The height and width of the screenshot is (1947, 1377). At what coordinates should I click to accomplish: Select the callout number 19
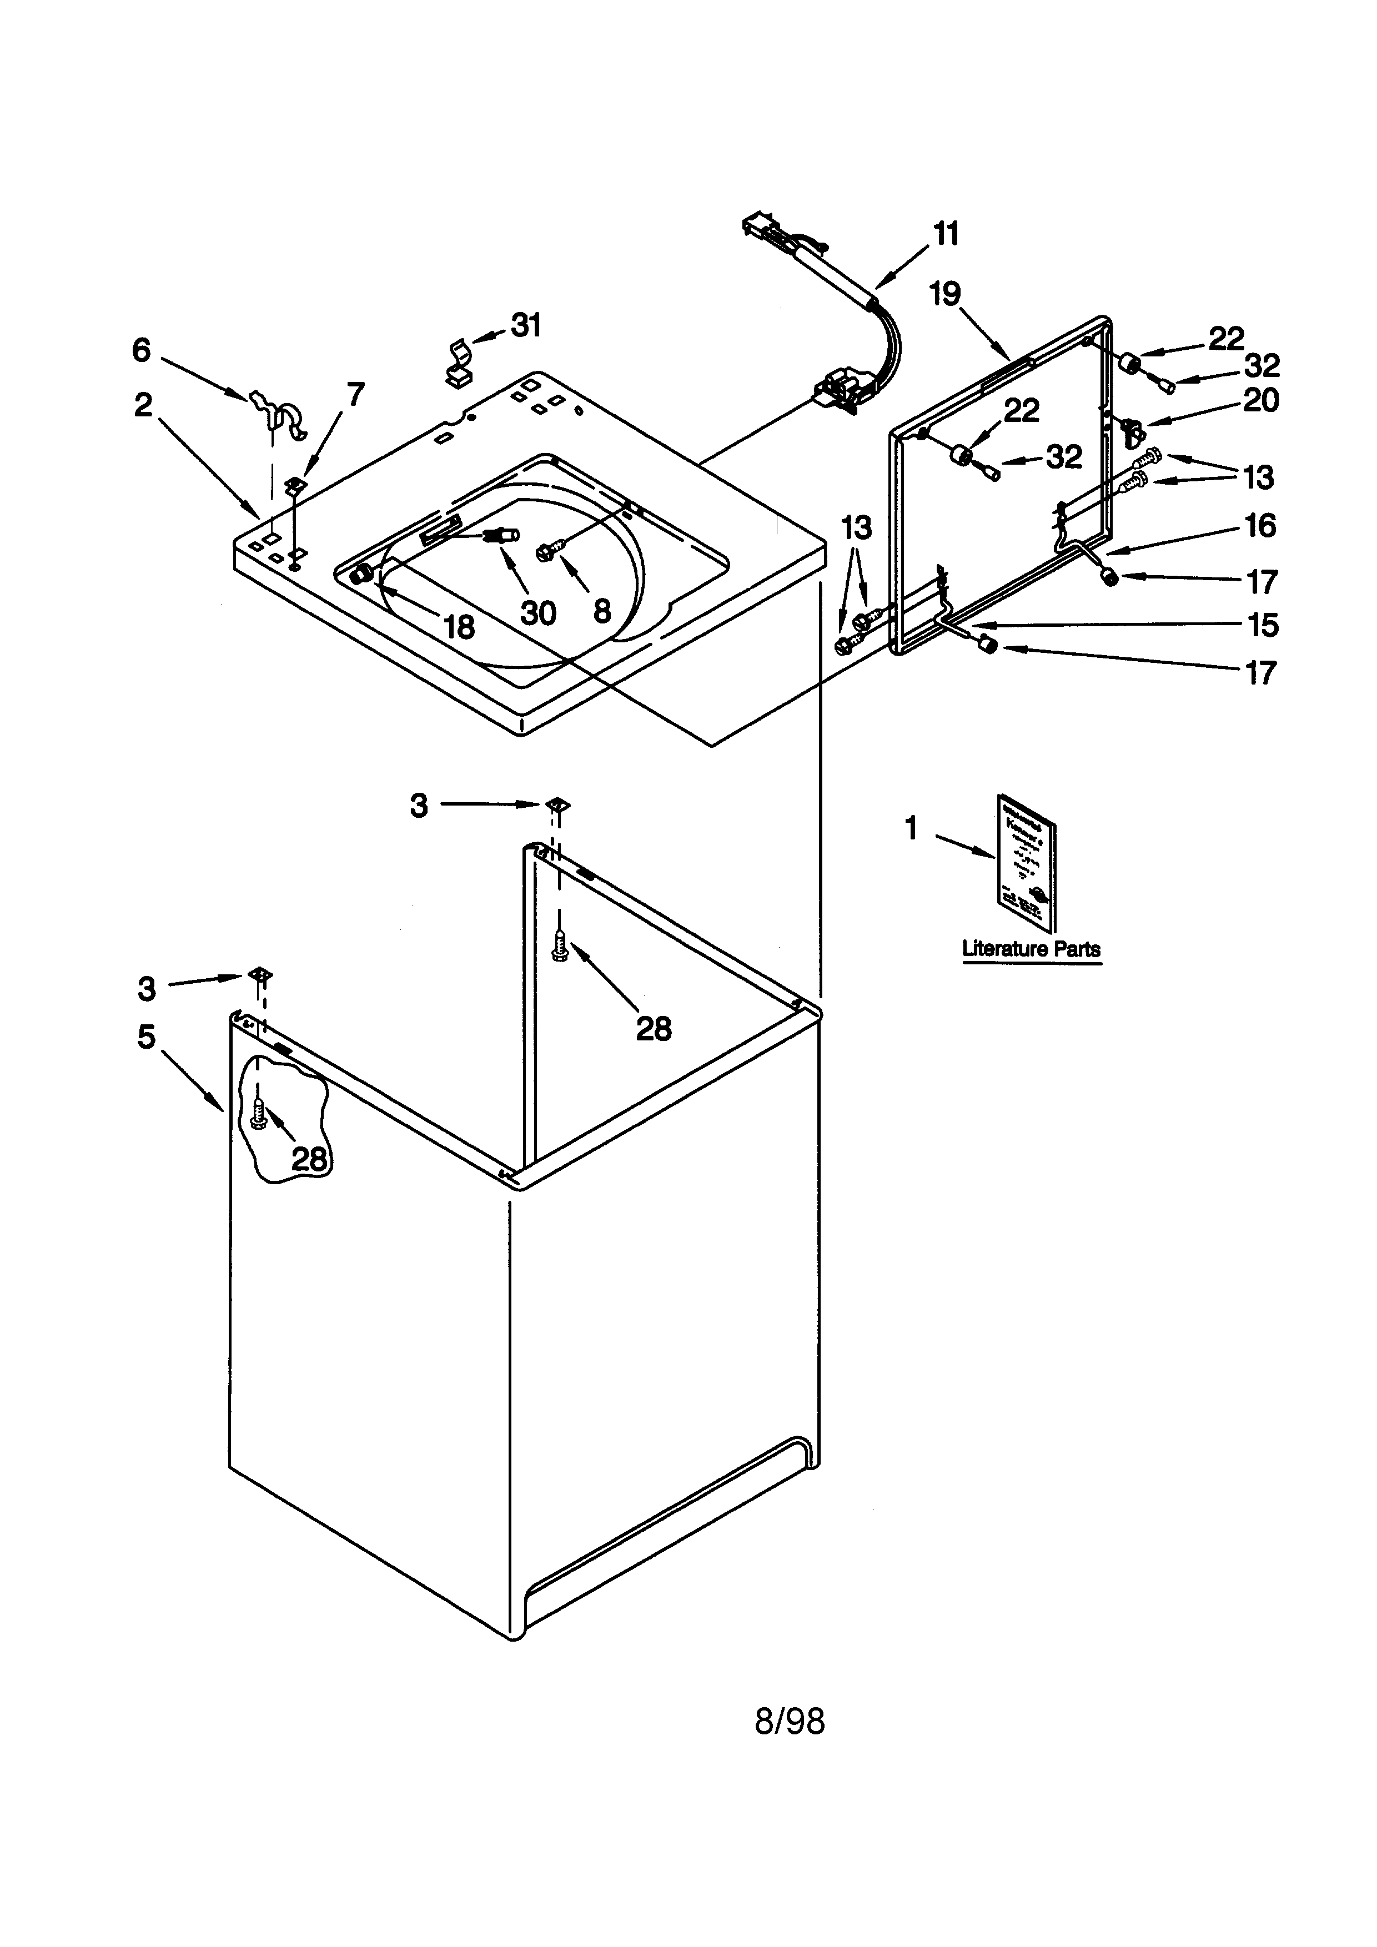[944, 294]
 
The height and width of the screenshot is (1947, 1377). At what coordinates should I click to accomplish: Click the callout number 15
[1263, 625]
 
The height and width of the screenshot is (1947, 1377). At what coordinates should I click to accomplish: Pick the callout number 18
[459, 627]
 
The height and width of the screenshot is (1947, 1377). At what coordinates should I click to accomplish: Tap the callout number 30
[537, 612]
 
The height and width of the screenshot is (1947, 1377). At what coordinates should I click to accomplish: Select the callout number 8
[602, 611]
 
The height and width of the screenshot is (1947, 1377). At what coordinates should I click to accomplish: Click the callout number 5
[147, 1037]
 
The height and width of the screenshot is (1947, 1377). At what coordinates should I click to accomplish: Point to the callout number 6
[142, 350]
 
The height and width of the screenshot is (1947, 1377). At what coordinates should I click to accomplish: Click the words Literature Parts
[1031, 949]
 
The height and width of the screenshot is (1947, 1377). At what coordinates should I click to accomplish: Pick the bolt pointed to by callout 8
[545, 552]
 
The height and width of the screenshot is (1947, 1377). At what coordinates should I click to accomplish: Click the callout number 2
[143, 405]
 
